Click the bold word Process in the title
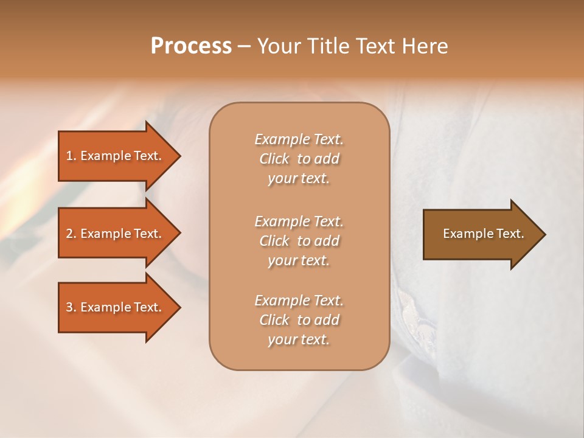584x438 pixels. (191, 46)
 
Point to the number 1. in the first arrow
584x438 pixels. (71, 156)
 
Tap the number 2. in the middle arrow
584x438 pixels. (71, 234)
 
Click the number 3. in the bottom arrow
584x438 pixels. (71, 307)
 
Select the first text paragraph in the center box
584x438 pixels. (299, 159)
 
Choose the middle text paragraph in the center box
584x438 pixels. (299, 240)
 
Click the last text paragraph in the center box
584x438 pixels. (299, 320)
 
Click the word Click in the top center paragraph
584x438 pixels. (274, 159)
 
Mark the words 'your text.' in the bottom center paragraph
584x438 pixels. (299, 340)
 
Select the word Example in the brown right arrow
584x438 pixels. (464, 234)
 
